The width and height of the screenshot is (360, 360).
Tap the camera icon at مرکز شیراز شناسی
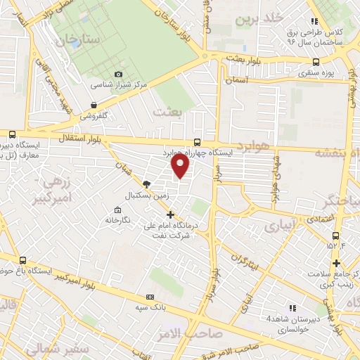119,74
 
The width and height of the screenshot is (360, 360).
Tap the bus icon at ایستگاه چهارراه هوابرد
196,141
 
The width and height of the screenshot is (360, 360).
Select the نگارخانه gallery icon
118,210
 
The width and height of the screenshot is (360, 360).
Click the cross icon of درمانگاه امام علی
169,214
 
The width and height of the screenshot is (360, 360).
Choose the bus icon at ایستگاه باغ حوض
23,260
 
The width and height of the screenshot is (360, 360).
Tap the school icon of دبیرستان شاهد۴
292,308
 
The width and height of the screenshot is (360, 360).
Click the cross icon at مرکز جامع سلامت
337,264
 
